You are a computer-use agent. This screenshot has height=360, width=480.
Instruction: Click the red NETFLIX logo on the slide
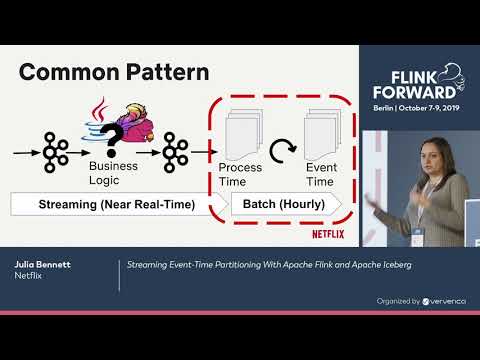pyautogui.click(x=329, y=236)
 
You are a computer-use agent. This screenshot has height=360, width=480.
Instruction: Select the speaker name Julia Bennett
pyautogui.click(x=44, y=265)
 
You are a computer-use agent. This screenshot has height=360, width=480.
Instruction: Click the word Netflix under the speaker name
pyautogui.click(x=28, y=277)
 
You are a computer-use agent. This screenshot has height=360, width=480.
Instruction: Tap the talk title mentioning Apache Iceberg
pyautogui.click(x=268, y=265)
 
